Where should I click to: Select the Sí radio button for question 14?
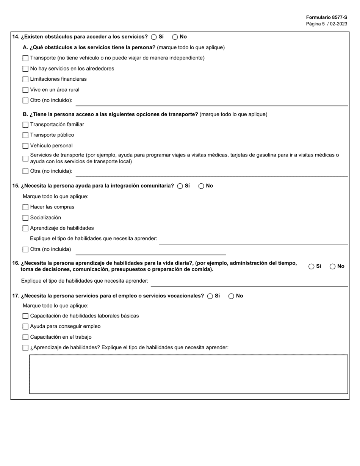154,37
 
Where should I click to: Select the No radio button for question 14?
175,37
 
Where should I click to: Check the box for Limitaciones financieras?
25,80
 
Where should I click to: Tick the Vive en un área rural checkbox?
25,90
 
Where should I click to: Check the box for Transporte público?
25,135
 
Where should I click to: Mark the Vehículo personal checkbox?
25,146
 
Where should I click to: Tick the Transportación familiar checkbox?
25,125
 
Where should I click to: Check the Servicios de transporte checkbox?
25,158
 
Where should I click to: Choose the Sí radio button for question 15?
180,186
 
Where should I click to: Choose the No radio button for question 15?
201,186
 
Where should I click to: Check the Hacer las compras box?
25,207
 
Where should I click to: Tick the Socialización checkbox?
25,218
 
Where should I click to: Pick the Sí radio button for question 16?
311,266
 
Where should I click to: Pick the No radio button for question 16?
333,266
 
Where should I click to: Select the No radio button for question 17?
231,296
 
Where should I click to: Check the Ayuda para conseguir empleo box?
25,327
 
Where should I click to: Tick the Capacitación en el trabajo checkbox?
25,337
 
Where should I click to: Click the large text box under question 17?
188,374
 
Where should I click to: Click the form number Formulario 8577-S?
326,17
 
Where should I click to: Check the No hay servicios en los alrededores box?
25,69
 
